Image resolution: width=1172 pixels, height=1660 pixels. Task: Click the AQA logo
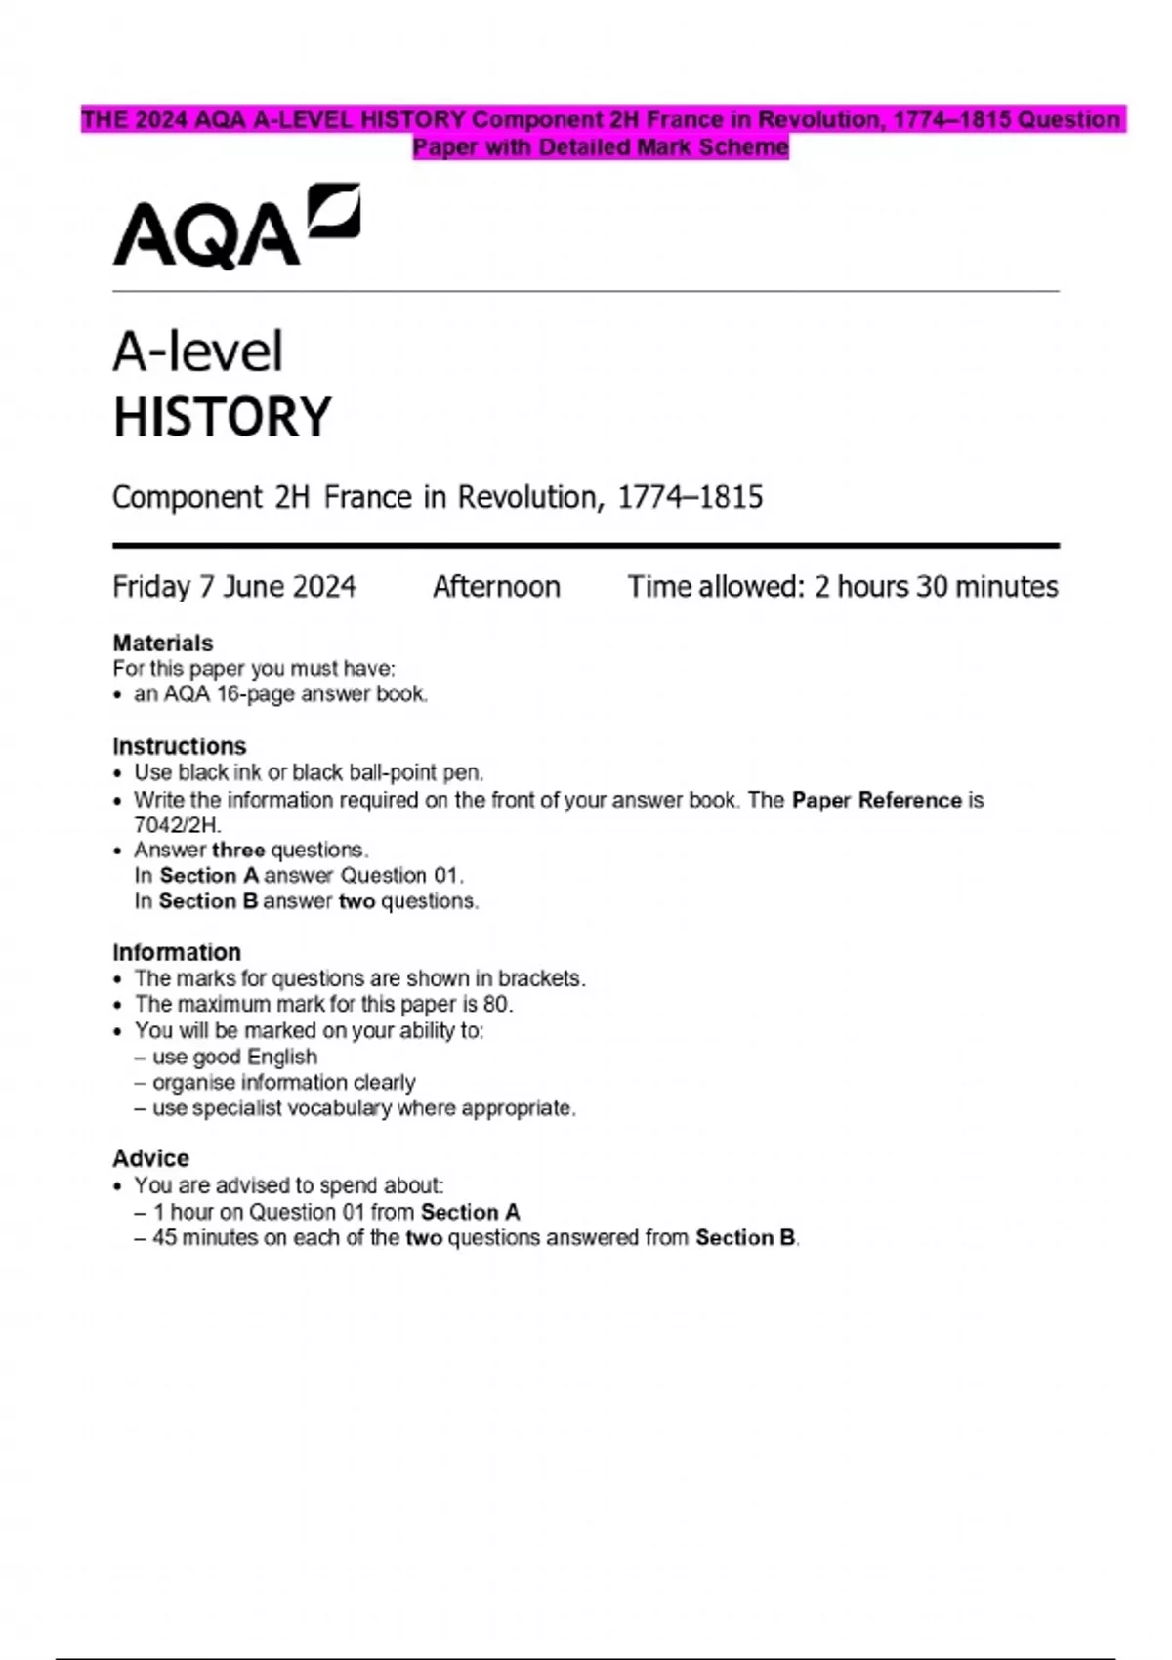pos(236,227)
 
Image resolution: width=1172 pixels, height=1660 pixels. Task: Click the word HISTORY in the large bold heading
pos(223,418)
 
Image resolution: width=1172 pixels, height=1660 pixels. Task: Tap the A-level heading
pos(198,352)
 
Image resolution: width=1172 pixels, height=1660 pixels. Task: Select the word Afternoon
pos(496,587)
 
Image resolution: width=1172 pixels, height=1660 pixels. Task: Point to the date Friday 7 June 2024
pos(234,587)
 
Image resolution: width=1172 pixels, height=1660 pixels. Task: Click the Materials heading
pos(163,643)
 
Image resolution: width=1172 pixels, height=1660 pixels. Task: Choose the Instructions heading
pos(180,747)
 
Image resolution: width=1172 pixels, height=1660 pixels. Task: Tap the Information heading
pos(177,953)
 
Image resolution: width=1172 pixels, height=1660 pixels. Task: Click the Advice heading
pos(151,1159)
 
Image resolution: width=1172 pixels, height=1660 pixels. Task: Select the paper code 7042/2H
pos(176,824)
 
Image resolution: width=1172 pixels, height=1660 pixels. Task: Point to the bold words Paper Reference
pos(877,801)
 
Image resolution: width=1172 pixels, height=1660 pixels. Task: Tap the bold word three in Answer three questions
pos(237,851)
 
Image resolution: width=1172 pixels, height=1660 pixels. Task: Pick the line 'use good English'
pos(234,1058)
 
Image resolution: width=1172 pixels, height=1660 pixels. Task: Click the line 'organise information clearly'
pos(283,1083)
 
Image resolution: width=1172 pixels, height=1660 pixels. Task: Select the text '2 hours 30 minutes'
pos(936,587)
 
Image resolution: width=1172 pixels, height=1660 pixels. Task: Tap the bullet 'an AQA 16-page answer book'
pos(281,695)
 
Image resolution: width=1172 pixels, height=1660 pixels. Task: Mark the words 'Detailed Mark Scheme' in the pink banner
pos(663,147)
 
